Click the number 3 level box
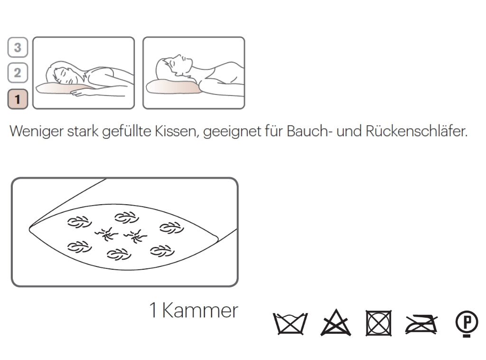(x=18, y=47)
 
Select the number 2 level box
(x=18, y=73)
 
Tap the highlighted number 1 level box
(x=18, y=99)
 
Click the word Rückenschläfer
(x=416, y=132)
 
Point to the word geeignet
(x=231, y=132)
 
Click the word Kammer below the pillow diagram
(x=200, y=311)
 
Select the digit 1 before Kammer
(x=153, y=311)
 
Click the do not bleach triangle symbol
(x=336, y=324)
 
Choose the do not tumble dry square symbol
(x=379, y=323)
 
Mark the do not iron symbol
(x=421, y=324)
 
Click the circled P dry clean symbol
(x=467, y=323)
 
